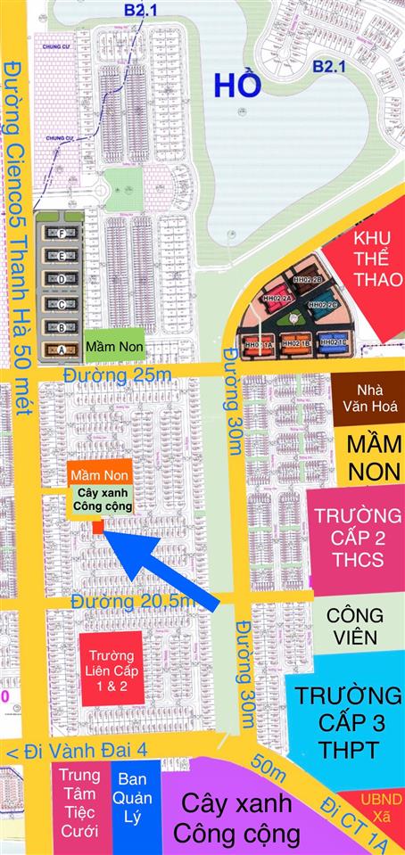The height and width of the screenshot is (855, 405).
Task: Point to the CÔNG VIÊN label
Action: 354,626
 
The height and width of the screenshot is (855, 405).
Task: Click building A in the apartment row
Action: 61,349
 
